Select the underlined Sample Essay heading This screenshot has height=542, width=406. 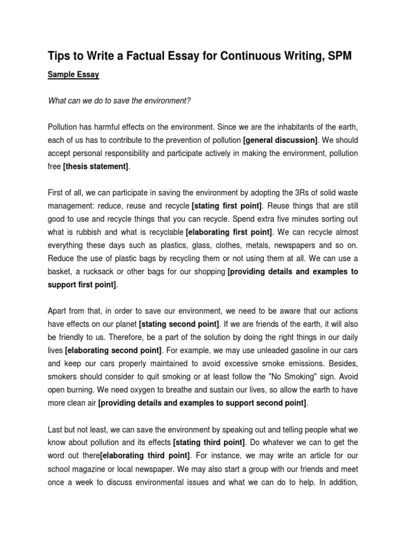point(73,75)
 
